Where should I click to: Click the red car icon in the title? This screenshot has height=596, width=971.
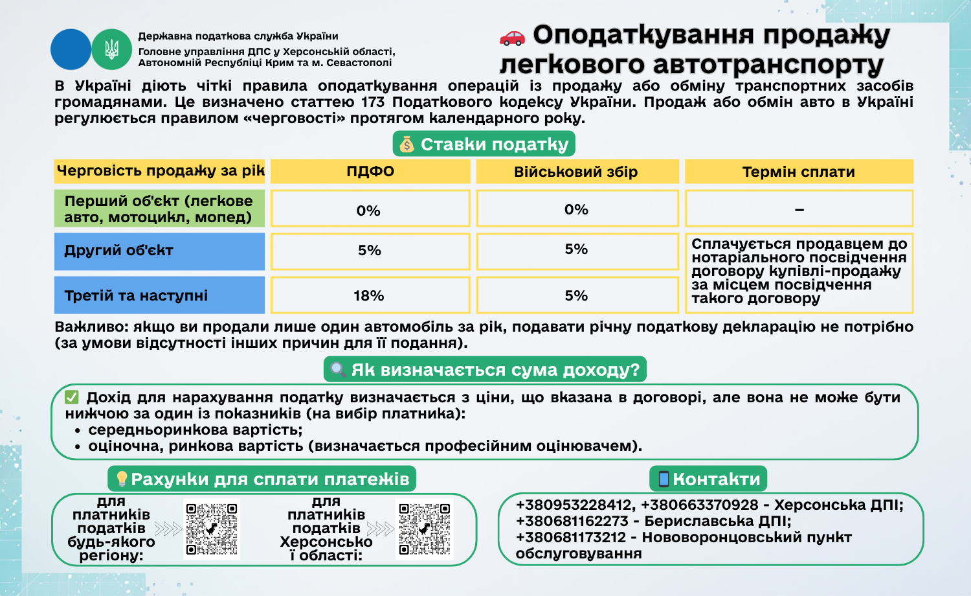512,38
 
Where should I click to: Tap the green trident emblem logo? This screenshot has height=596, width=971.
111,49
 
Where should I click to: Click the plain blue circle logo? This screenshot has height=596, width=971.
71,49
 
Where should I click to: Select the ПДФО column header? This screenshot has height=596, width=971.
370,172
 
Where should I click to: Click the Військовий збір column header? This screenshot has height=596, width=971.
576,172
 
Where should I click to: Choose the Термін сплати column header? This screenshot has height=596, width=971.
798,172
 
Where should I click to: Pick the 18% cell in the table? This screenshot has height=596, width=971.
369,295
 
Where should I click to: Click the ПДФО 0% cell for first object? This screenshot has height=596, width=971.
369,210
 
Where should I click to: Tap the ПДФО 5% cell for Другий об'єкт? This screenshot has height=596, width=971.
370,251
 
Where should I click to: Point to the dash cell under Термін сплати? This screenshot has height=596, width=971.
799,209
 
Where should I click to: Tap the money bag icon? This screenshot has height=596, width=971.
407,144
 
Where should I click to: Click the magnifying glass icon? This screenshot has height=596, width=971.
338,370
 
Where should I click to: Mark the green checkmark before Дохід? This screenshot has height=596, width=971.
72,397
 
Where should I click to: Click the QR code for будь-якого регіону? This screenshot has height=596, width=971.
212,529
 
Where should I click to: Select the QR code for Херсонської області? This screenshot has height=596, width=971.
425,529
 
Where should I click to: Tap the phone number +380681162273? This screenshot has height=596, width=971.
572,521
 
